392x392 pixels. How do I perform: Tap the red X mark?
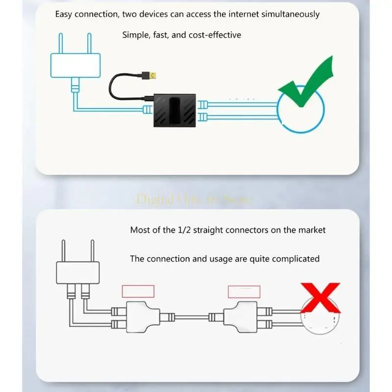320,299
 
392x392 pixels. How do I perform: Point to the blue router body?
75,66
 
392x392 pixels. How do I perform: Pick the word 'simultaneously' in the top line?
290,14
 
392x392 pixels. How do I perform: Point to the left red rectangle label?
138,291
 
